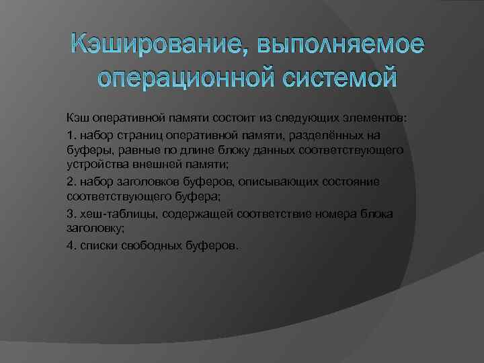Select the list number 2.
(71, 182)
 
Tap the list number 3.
(71, 213)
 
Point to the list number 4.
(71, 245)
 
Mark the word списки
(98, 245)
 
